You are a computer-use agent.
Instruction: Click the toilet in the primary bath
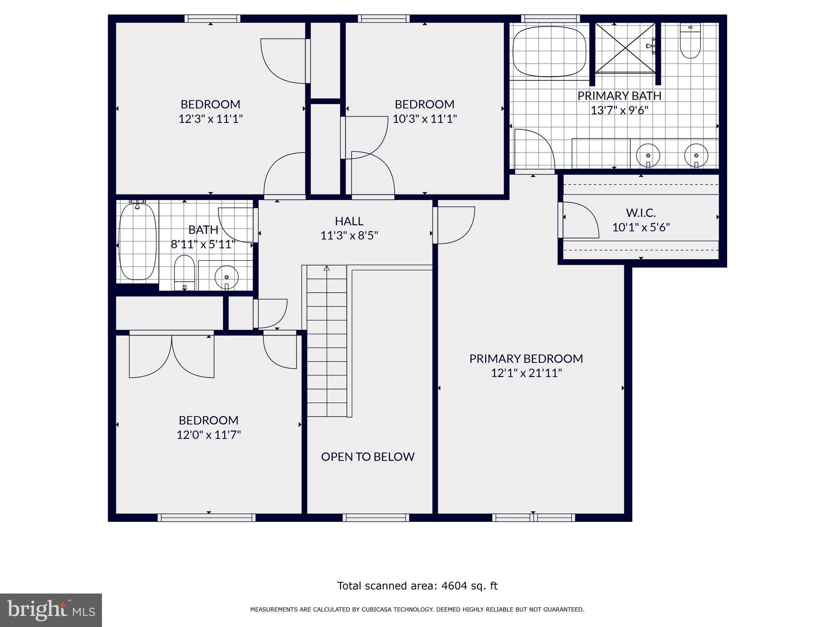click(x=690, y=41)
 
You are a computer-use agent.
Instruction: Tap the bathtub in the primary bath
click(x=549, y=51)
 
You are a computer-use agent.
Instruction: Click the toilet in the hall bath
click(x=184, y=272)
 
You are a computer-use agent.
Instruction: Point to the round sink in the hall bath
click(x=226, y=277)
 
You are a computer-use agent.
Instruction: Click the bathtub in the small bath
click(x=138, y=242)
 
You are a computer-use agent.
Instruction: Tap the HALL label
click(x=349, y=221)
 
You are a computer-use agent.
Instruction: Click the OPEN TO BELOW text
click(x=367, y=456)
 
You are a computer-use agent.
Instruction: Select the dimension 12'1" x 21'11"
click(x=526, y=373)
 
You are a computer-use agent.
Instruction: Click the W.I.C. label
click(x=641, y=213)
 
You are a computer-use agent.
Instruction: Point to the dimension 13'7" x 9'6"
click(x=619, y=110)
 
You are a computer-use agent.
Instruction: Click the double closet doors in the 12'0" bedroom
click(x=172, y=355)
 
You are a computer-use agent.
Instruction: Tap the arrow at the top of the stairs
click(x=327, y=268)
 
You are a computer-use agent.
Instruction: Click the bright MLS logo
click(x=51, y=610)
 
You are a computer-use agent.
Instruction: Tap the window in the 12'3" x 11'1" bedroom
click(x=212, y=18)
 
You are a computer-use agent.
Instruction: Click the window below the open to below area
click(x=376, y=518)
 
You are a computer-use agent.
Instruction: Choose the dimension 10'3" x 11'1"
click(x=424, y=119)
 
